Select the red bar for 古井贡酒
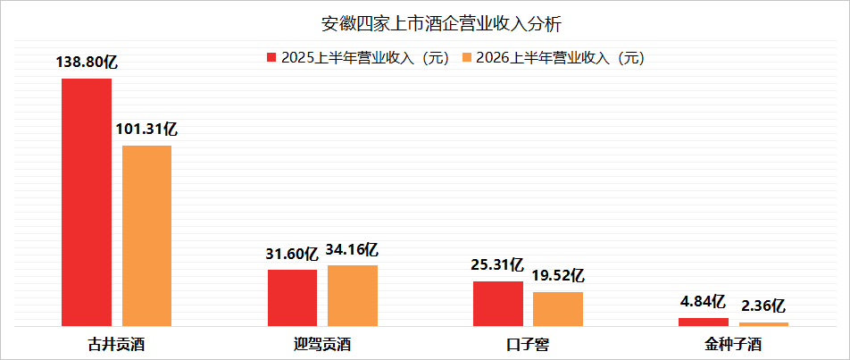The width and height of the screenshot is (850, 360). click(x=87, y=202)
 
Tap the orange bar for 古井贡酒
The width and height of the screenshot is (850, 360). click(x=146, y=236)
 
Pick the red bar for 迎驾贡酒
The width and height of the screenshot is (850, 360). click(x=293, y=297)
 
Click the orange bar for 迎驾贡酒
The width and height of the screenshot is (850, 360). click(x=353, y=296)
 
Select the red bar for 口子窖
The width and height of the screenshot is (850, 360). click(x=498, y=304)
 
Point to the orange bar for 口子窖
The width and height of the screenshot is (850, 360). click(x=558, y=309)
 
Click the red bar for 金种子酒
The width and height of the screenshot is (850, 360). click(x=704, y=322)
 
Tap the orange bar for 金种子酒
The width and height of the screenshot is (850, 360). click(x=763, y=324)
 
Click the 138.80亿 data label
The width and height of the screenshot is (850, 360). click(x=87, y=63)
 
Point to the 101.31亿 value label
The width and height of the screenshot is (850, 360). click(x=146, y=130)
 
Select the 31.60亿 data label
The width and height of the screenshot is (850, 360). click(x=292, y=254)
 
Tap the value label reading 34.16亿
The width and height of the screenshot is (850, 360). click(x=352, y=249)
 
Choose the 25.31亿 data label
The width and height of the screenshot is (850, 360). click(x=497, y=265)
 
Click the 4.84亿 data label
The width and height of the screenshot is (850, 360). click(x=704, y=301)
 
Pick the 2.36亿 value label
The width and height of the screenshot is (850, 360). click(x=762, y=306)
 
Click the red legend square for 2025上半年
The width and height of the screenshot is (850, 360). click(x=271, y=57)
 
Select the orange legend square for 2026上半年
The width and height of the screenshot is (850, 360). click(x=466, y=57)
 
